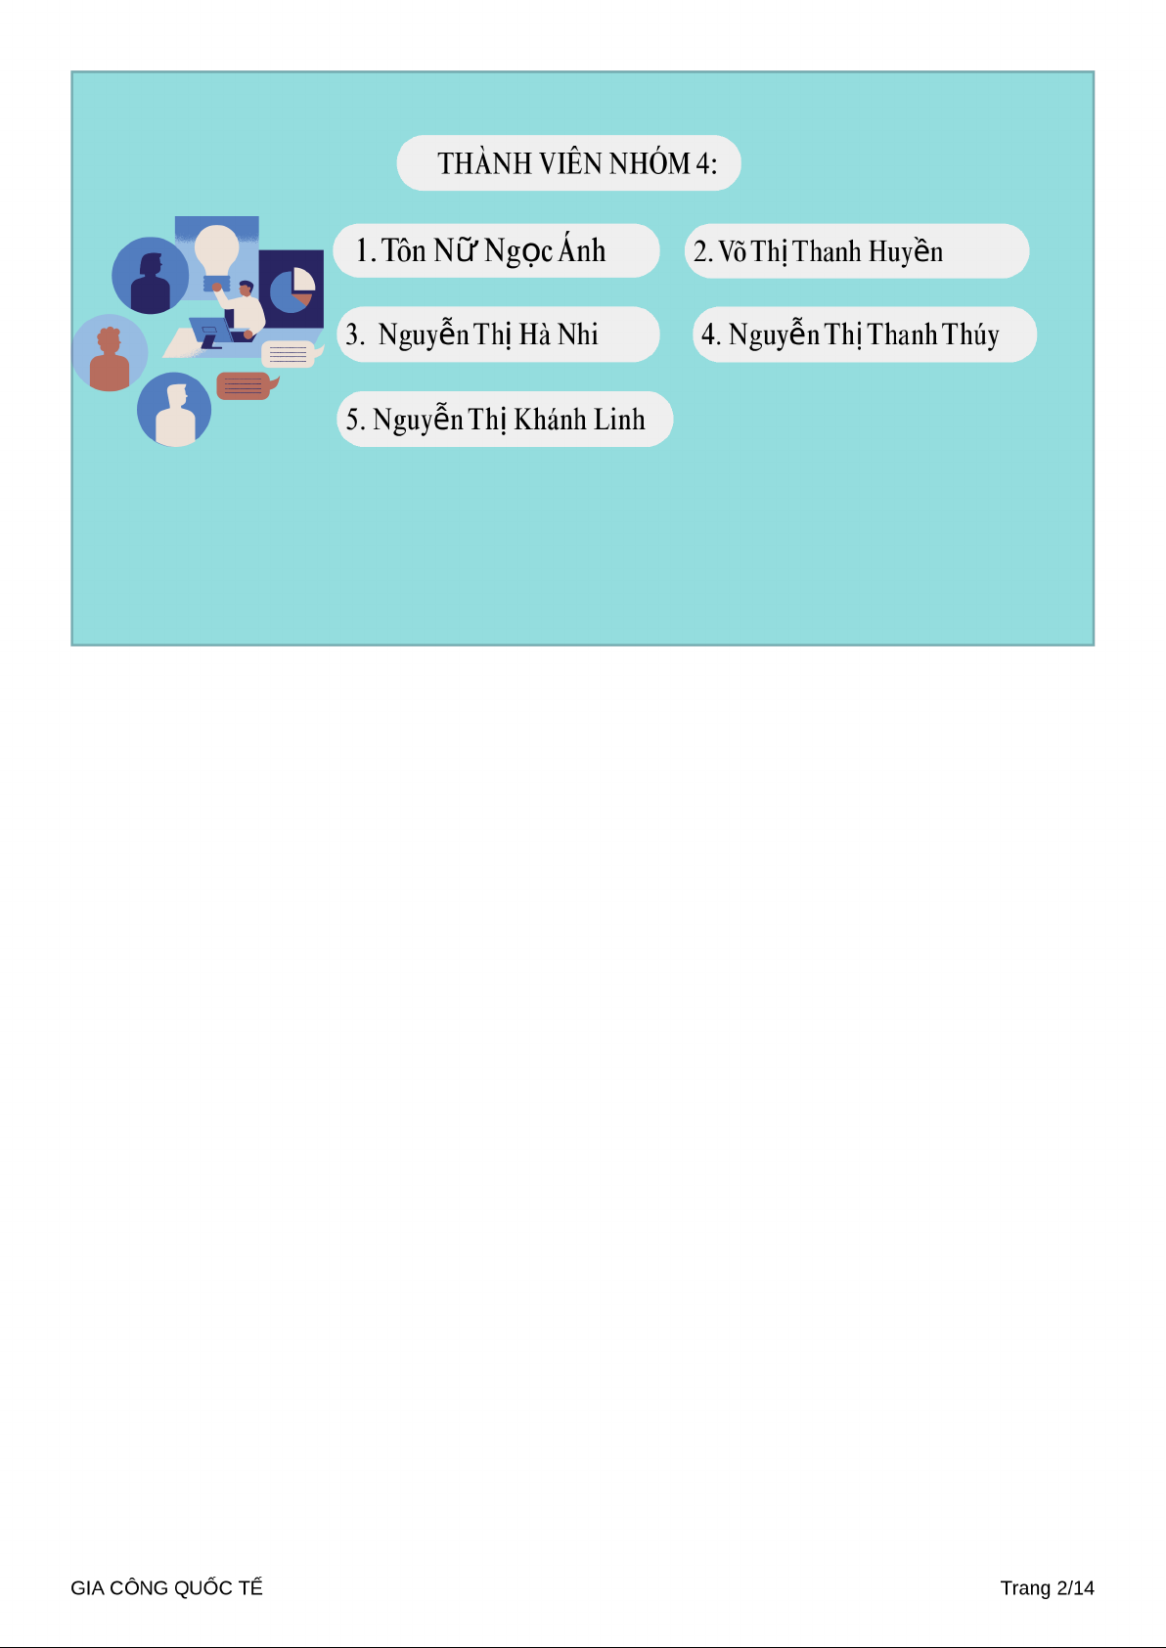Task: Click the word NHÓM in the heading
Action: coord(650,162)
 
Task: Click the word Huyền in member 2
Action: coord(906,250)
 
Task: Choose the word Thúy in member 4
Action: coord(970,334)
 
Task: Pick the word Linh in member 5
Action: coord(619,420)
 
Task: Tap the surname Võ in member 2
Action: coord(733,251)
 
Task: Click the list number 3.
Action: coord(355,334)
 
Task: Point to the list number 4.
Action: coord(710,334)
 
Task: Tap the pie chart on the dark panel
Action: coord(292,290)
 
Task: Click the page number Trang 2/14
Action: coord(1047,1587)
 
